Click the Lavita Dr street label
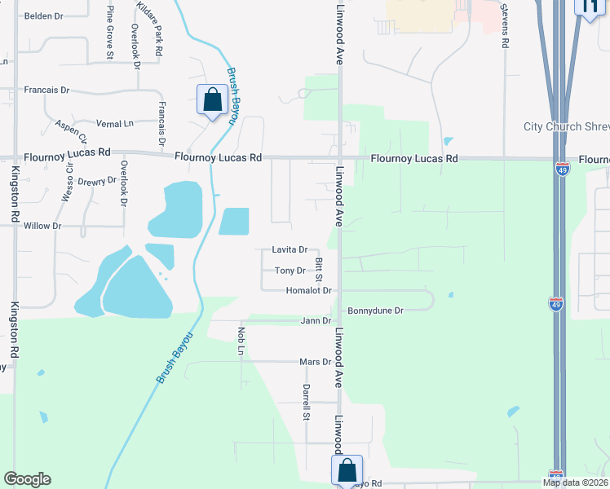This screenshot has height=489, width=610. point(290,249)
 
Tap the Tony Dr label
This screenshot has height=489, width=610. point(290,271)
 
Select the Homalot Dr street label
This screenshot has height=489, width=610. point(309,290)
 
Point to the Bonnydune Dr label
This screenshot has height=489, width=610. point(376,311)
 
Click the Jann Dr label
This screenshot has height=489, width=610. point(316,321)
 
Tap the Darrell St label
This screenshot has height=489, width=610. point(307,402)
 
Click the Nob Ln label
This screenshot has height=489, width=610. point(241,341)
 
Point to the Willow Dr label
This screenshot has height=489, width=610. point(42,225)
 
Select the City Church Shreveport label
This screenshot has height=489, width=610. point(566,126)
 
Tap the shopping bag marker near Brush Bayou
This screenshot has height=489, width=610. point(212,100)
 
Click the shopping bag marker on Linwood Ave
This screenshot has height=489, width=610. point(347,469)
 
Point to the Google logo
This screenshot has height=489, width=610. point(27,479)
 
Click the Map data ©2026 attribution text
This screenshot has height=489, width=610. point(575,482)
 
